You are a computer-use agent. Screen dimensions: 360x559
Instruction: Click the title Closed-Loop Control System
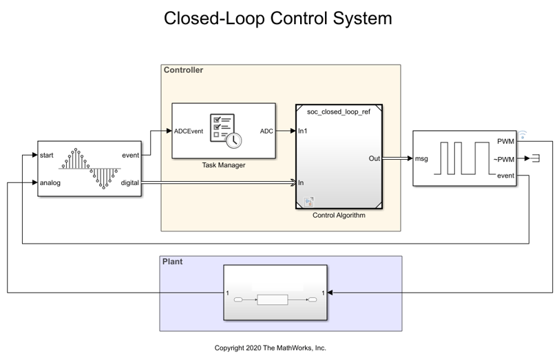(278, 19)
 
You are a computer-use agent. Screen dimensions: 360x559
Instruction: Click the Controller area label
(183, 70)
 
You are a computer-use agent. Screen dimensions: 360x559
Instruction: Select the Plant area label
(172, 262)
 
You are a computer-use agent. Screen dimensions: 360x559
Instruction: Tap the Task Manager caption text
(224, 165)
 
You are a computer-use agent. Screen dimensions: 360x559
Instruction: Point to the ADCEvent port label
(189, 131)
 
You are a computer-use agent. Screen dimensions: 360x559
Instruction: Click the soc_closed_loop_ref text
(339, 112)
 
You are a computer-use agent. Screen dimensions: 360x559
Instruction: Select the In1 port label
(303, 131)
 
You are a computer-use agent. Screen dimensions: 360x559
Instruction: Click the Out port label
(375, 158)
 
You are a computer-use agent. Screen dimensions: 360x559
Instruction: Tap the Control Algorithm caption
(339, 215)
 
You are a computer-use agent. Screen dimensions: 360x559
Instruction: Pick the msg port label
(421, 158)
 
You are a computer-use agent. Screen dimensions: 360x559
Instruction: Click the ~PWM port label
(505, 159)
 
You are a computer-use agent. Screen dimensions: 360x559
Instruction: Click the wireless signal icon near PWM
(522, 134)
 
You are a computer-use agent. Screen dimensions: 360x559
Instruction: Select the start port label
(47, 155)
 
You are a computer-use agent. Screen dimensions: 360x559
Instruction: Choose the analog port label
(50, 183)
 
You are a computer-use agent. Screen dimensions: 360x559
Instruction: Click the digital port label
(129, 183)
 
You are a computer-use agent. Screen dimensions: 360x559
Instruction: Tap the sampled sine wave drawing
(89, 167)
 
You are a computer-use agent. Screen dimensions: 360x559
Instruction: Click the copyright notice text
(271, 348)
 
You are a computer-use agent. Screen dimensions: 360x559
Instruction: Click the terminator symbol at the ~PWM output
(535, 159)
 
